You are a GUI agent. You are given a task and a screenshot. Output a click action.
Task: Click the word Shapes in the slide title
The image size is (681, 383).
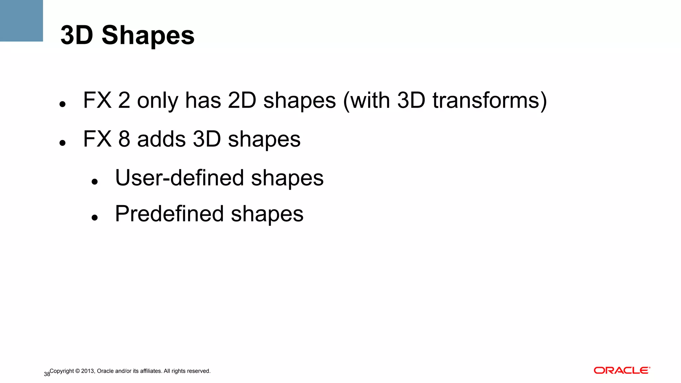click(x=148, y=36)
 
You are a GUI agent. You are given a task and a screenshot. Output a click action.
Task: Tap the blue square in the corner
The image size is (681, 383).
click(x=21, y=21)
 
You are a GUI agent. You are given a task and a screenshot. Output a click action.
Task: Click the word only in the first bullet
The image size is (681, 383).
click(x=158, y=100)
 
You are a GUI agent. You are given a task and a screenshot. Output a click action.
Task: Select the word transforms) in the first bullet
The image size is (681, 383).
click(x=489, y=100)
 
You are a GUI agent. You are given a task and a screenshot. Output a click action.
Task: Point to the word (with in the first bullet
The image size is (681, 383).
click(x=366, y=100)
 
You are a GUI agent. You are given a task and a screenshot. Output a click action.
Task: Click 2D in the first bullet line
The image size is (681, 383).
click(x=242, y=100)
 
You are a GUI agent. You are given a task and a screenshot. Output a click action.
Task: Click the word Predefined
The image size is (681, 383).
click(x=169, y=214)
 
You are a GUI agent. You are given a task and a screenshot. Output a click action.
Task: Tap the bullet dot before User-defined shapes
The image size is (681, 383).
click(x=95, y=182)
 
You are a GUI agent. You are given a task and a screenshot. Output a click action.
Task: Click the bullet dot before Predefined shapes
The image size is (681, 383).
click(x=95, y=218)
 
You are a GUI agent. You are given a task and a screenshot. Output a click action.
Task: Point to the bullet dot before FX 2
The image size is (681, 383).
click(x=62, y=104)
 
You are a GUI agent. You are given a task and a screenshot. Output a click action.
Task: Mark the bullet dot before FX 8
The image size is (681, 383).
click(x=62, y=143)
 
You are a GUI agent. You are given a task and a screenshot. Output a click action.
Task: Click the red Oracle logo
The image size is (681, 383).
click(x=622, y=370)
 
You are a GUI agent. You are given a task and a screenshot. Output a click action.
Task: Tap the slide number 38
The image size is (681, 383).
click(x=47, y=374)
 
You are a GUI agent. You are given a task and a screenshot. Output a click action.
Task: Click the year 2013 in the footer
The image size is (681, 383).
click(x=88, y=371)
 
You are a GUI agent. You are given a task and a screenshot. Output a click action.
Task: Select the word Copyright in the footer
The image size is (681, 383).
click(x=62, y=371)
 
